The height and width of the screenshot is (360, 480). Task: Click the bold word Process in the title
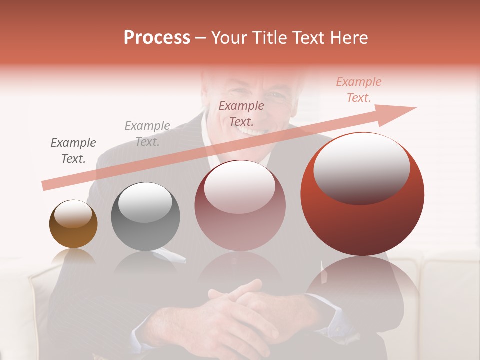click(x=157, y=37)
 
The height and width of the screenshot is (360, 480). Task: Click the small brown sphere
click(x=73, y=224)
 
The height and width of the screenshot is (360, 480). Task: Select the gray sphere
click(x=145, y=217)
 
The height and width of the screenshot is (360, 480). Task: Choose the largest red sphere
click(x=362, y=194)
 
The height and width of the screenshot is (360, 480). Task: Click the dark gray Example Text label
click(x=73, y=151)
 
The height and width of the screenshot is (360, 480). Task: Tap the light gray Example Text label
click(x=147, y=134)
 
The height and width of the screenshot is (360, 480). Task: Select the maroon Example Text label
click(x=241, y=113)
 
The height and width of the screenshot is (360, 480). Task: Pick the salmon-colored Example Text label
click(x=358, y=90)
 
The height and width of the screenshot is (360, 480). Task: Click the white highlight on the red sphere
click(x=361, y=168)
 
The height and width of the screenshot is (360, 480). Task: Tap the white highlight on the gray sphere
click(x=145, y=202)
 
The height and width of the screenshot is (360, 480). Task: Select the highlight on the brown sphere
click(x=73, y=214)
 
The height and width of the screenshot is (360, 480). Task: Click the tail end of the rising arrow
click(x=46, y=186)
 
